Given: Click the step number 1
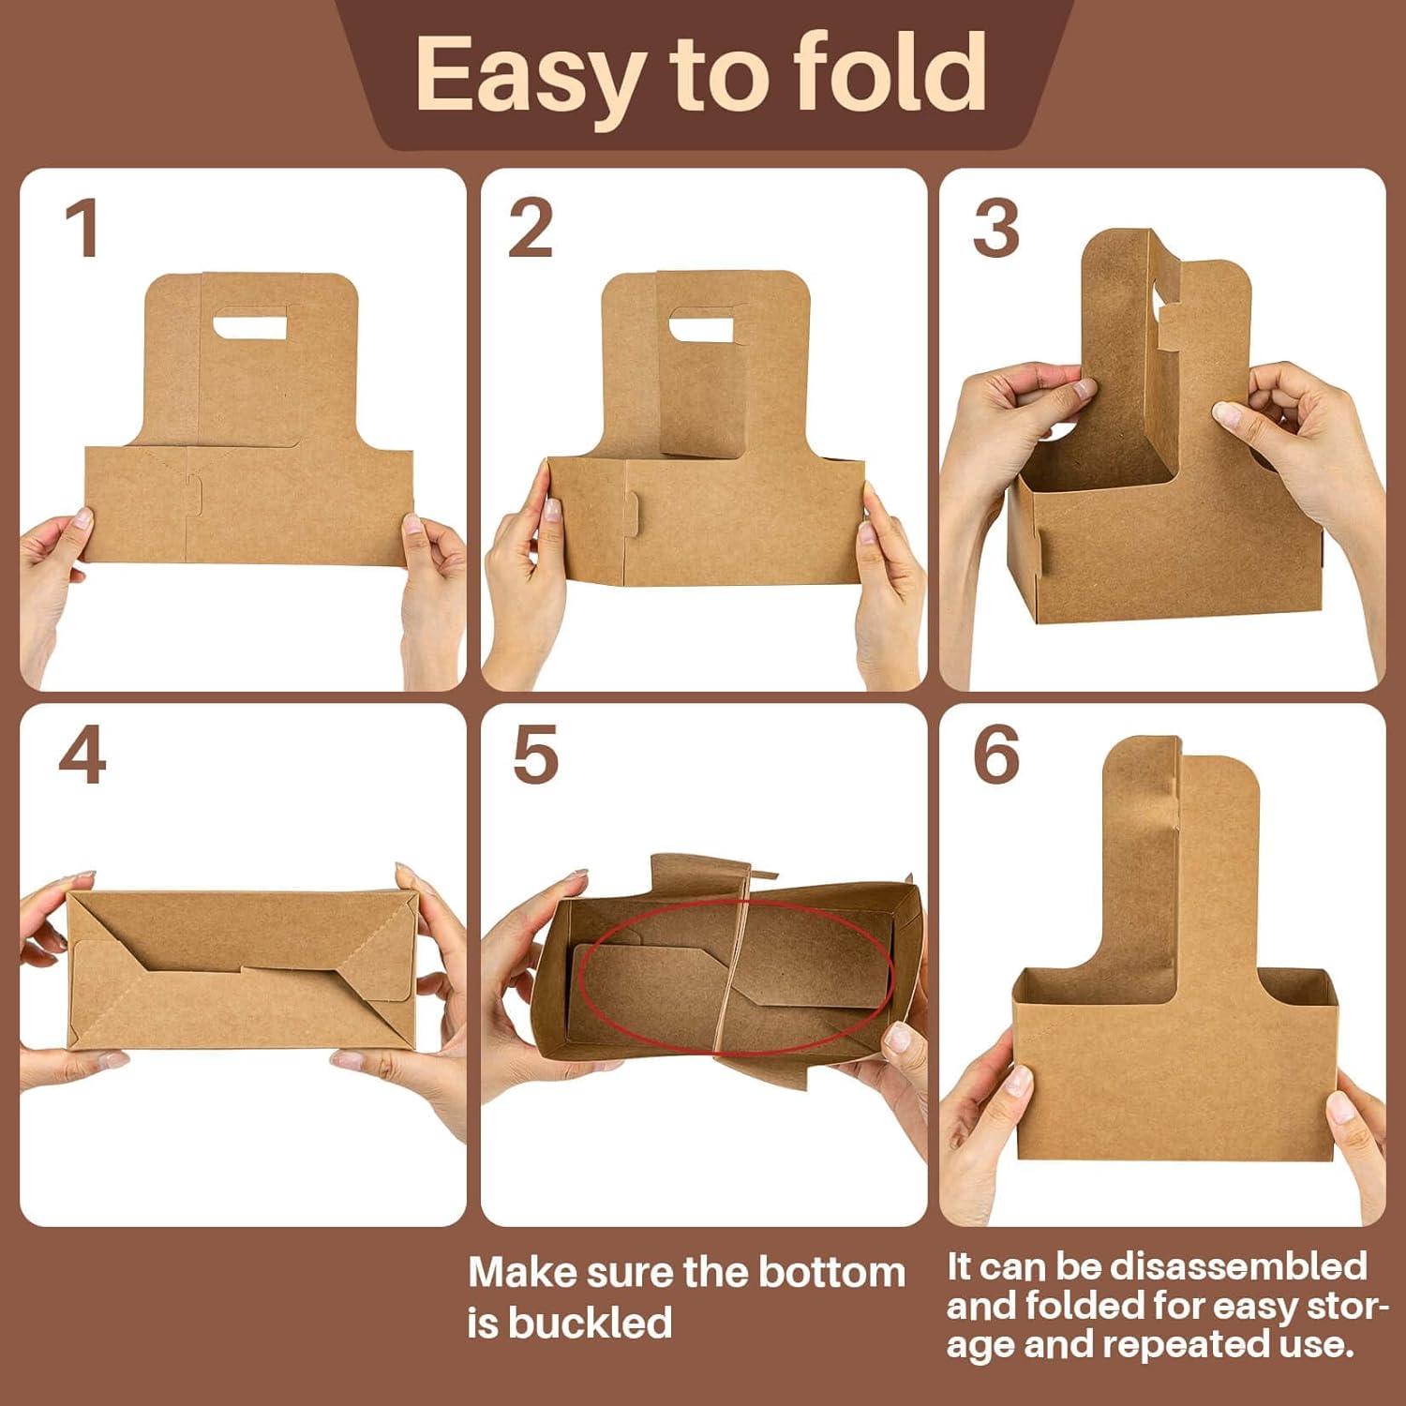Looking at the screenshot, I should tap(82, 230).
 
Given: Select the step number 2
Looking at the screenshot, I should tap(530, 230).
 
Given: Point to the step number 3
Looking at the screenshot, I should tap(995, 230).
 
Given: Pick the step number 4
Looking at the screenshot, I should tap(82, 757).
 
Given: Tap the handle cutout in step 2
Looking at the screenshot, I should tap(700, 327).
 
